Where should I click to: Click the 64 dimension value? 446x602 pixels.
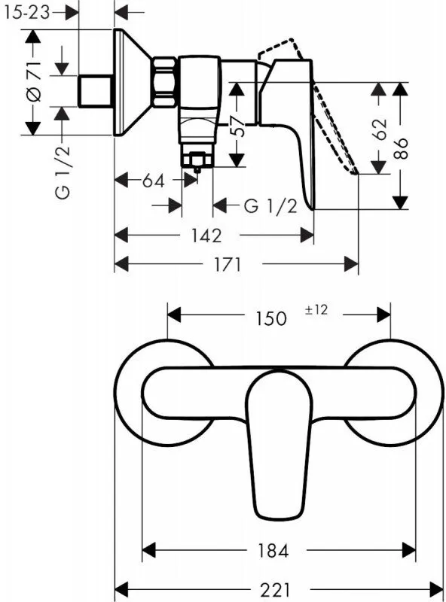tap(153, 181)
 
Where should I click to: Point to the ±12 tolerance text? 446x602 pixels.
tap(316, 310)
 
